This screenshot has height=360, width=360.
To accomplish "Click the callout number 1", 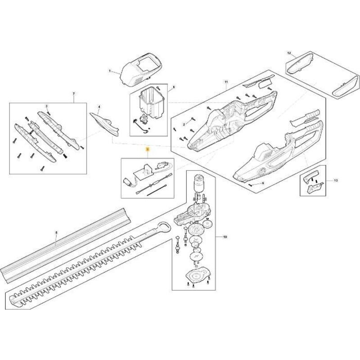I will click(x=109, y=71).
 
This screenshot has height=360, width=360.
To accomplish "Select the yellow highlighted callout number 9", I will click(x=145, y=148).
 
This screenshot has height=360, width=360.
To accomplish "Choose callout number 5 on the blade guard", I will click(x=56, y=233).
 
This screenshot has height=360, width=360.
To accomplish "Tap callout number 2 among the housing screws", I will click(x=184, y=124).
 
